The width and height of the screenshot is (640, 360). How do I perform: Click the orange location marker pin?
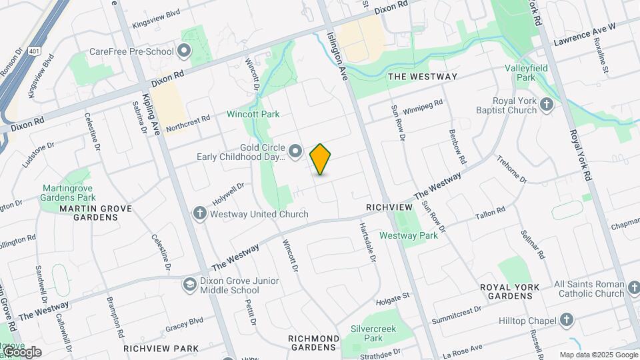[x=321, y=159]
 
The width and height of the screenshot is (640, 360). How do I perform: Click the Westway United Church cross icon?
[x=199, y=213]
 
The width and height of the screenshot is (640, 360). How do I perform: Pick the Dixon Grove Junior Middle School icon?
[x=190, y=284]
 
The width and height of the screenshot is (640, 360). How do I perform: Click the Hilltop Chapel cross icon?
[x=567, y=321]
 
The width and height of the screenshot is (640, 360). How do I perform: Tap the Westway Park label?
[x=408, y=235]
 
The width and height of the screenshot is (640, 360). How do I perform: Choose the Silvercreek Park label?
[x=367, y=333]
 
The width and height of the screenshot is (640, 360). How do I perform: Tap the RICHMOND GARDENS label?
[x=311, y=343]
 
